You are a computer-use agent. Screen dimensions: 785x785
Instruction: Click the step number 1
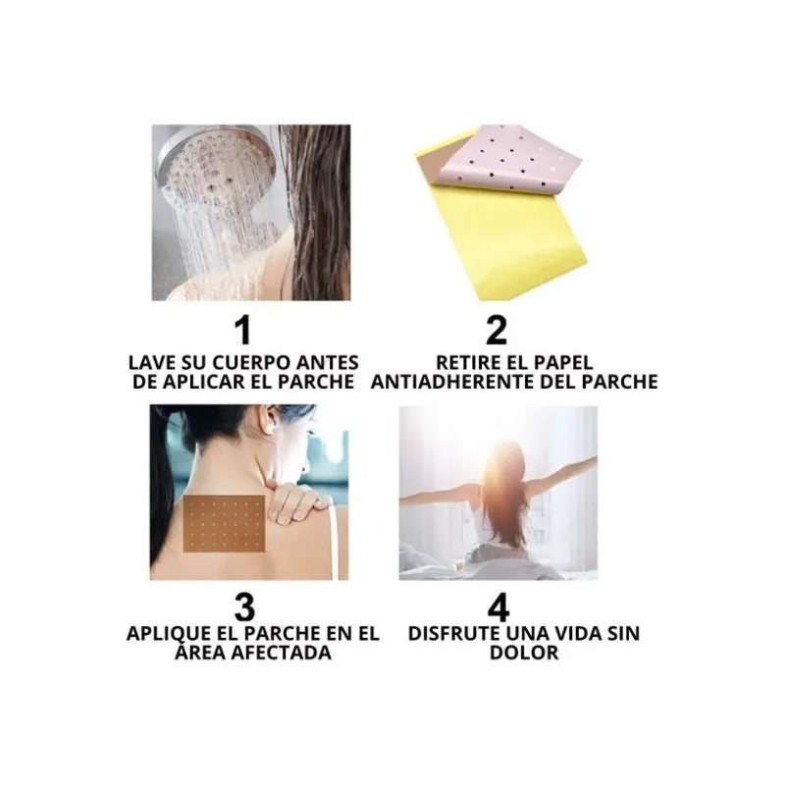coord(243,330)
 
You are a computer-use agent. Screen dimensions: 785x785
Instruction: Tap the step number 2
coord(497,330)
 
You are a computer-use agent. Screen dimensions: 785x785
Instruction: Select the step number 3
coord(244,606)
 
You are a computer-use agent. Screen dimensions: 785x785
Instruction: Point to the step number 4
coord(498,606)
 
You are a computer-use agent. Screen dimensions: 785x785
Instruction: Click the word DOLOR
coord(524,653)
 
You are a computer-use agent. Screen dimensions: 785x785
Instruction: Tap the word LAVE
coord(149,362)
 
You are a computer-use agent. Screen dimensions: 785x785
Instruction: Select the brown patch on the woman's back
coord(225,524)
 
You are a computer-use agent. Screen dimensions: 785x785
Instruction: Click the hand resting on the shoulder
coord(294,499)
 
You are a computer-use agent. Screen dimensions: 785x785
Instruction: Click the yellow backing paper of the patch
coord(505,235)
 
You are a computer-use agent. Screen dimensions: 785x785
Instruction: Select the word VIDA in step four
coord(572,633)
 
